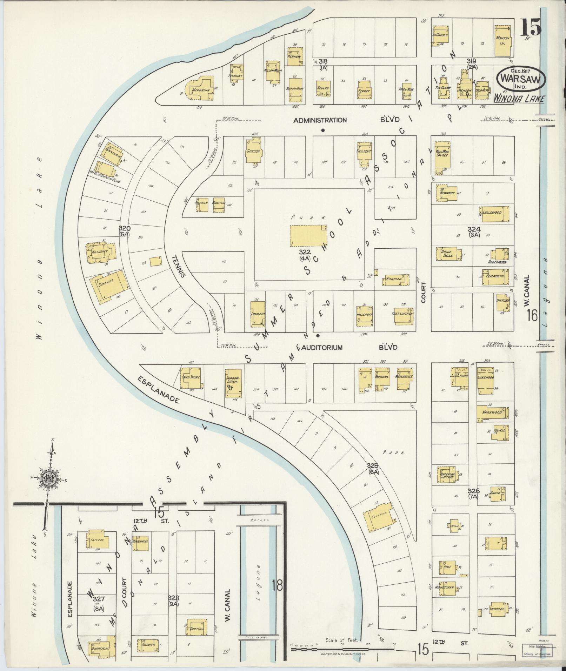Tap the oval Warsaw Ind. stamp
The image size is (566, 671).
coord(521,78)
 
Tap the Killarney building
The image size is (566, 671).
coord(99,252)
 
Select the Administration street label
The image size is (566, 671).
coord(320,120)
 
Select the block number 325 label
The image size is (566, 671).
coord(372,465)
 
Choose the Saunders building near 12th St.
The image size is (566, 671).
coord(496,609)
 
